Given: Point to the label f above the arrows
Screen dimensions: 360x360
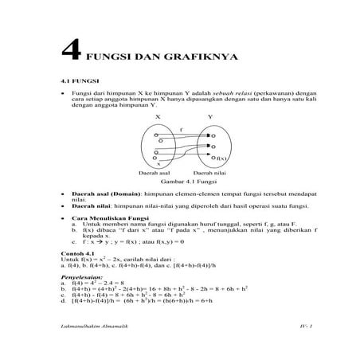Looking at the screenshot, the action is tap(182, 127).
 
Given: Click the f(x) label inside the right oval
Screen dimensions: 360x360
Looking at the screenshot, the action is tap(220, 158).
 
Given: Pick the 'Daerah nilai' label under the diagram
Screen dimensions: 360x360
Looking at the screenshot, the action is tap(209, 173).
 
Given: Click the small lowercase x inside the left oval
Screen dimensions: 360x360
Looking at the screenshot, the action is tap(158, 162).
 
